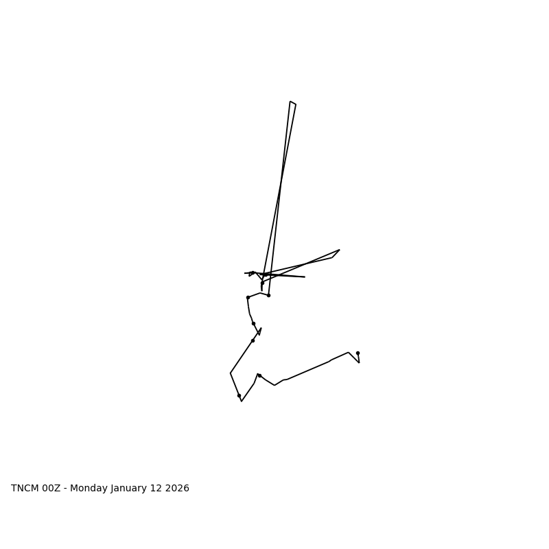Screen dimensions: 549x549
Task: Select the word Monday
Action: click(89, 489)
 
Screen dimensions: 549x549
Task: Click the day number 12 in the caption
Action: click(159, 489)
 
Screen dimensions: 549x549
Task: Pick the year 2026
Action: click(178, 489)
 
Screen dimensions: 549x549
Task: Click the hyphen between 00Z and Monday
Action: click(65, 489)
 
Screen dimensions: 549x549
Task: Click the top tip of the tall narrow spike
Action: click(291, 102)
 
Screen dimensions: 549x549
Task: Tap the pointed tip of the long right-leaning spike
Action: click(339, 250)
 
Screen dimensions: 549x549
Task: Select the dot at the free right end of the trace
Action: click(358, 353)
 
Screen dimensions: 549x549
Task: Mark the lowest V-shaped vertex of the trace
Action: click(242, 401)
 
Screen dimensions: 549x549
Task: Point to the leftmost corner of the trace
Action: click(231, 373)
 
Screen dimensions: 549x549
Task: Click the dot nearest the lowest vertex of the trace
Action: click(239, 395)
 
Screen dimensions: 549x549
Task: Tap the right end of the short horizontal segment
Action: click(305, 277)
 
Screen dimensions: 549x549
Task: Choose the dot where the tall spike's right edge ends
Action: click(268, 295)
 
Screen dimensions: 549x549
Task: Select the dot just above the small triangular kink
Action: click(253, 323)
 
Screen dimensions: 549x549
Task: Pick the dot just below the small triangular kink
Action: click(253, 340)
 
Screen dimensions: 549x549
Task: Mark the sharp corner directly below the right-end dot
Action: click(359, 362)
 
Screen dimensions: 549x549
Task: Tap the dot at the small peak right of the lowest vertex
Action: click(259, 375)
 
